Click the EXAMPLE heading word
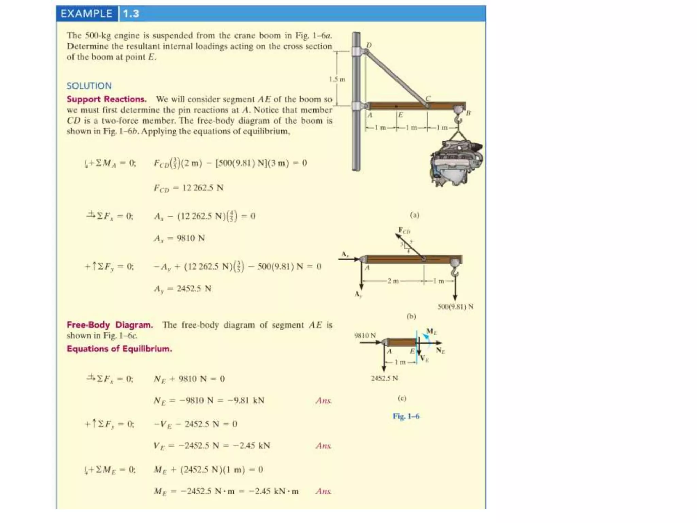click(86, 14)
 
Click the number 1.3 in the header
click(131, 14)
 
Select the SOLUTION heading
click(89, 86)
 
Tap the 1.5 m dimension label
click(337, 79)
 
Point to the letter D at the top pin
click(369, 45)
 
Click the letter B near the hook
click(468, 113)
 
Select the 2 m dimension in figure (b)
click(393, 281)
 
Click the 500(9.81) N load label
click(455, 306)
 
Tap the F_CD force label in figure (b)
click(404, 231)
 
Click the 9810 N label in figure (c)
click(365, 335)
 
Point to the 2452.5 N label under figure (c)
click(384, 378)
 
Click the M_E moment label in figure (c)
click(431, 331)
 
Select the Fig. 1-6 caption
click(406, 416)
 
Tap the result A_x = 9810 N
click(179, 238)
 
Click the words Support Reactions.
click(107, 99)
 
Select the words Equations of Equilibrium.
click(119, 349)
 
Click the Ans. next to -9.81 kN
click(323, 401)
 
